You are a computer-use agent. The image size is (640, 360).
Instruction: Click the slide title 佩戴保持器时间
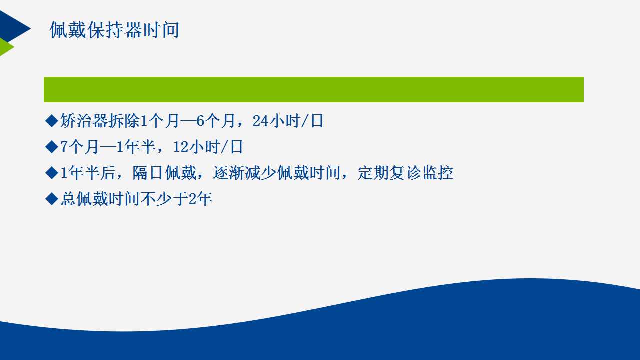(x=115, y=30)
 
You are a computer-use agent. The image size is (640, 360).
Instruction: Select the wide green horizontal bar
(x=313, y=89)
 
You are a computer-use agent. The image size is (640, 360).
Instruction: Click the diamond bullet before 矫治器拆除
(x=52, y=121)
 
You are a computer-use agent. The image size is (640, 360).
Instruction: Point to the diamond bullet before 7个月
(x=52, y=147)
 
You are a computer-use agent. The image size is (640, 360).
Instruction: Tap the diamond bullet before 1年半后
(x=52, y=173)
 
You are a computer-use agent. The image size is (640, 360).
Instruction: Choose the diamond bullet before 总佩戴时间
(x=52, y=199)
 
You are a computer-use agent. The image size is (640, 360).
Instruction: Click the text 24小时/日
(x=288, y=121)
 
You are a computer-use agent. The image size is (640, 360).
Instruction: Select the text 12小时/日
(x=208, y=147)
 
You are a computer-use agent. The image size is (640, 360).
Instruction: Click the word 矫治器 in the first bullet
(x=84, y=121)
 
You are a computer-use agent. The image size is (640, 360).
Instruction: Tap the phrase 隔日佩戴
(x=164, y=173)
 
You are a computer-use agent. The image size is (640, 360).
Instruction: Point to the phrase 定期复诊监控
(x=405, y=173)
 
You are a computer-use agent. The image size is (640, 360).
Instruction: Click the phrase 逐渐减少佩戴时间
(x=277, y=173)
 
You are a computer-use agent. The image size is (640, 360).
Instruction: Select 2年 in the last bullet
(x=200, y=199)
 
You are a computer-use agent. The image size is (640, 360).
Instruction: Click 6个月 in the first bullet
(x=215, y=121)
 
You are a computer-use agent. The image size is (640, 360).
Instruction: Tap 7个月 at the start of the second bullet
(x=79, y=147)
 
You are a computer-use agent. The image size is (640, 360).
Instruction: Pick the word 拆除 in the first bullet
(x=124, y=121)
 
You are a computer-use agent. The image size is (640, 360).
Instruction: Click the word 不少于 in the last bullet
(x=164, y=199)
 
